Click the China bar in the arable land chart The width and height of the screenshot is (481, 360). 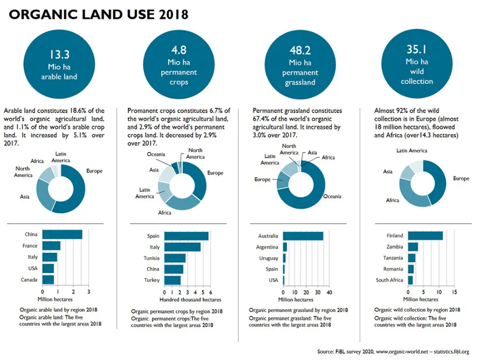point(62,234)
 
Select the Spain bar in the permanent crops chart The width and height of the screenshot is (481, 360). point(187,236)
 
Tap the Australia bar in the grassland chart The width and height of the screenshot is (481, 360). point(303,236)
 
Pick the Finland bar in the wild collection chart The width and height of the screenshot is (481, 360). point(425,236)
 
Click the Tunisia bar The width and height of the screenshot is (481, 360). point(175,258)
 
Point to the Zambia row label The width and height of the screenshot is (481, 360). point(395,247)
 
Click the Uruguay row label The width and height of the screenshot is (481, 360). point(269,258)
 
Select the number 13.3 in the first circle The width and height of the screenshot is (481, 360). point(59,54)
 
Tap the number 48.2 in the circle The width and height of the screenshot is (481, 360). point(300,50)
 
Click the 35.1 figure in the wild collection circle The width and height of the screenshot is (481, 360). point(417,50)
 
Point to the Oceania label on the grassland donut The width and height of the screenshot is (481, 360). point(332,197)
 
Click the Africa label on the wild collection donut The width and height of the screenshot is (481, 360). point(393,200)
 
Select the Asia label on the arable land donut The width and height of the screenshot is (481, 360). point(25,197)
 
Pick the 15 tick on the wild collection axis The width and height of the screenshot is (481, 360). point(455,292)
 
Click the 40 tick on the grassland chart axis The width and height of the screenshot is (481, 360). point(329,293)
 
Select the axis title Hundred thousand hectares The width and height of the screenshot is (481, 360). point(190,300)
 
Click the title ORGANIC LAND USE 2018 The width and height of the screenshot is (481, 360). point(99,15)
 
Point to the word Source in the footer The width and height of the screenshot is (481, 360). point(325,351)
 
